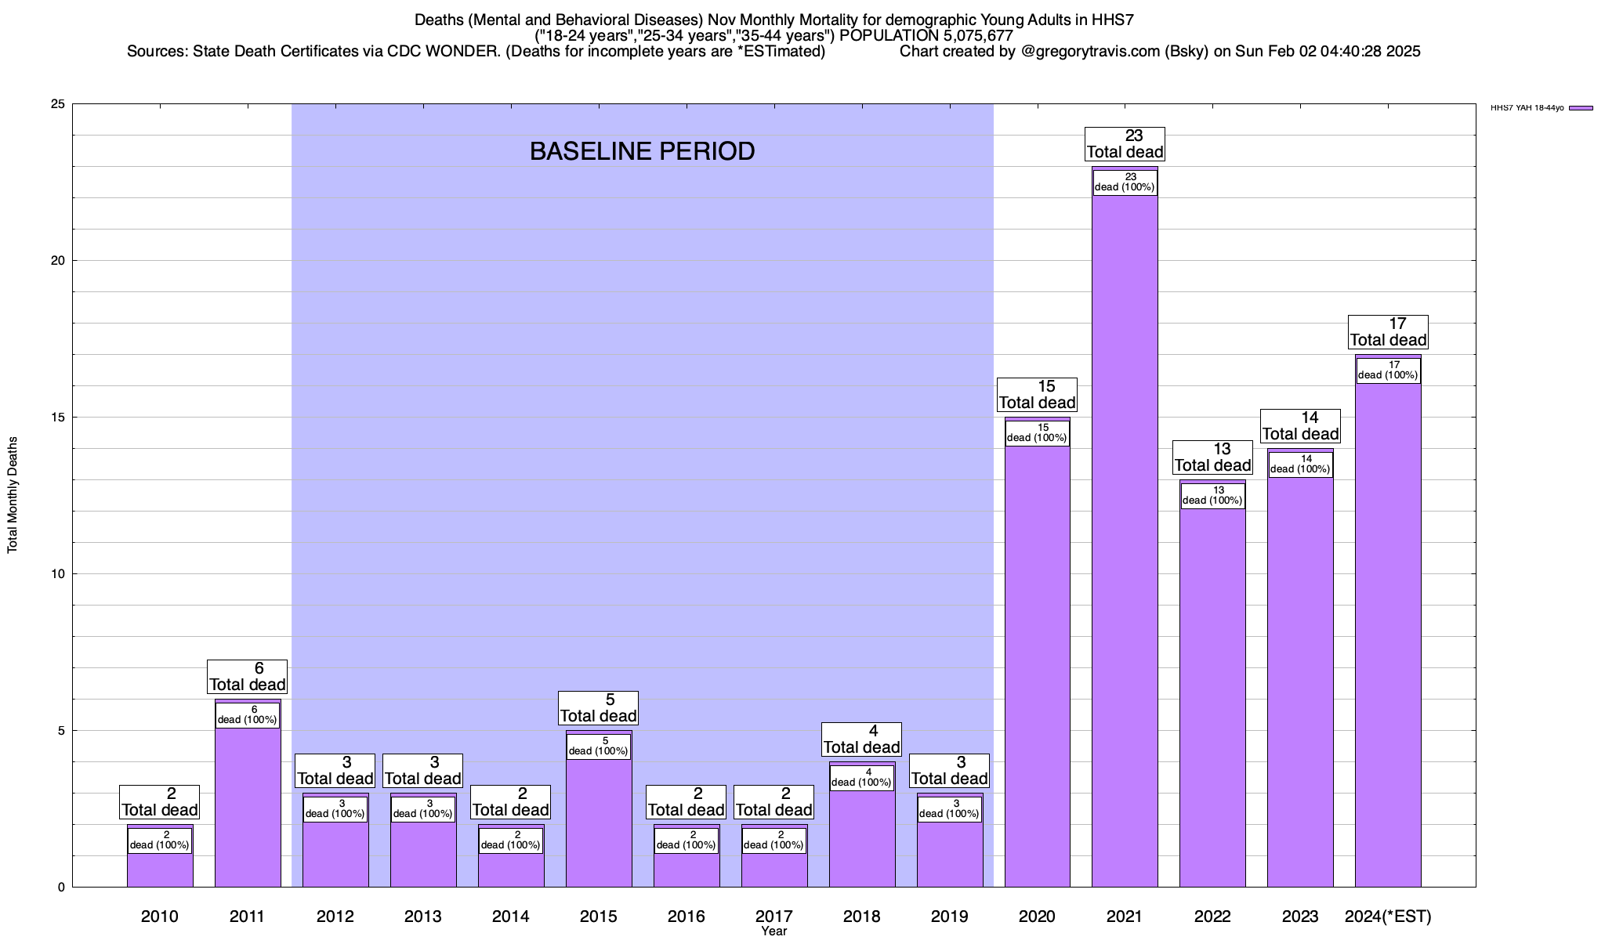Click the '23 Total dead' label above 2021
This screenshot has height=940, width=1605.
pos(1125,144)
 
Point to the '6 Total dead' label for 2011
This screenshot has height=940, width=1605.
pos(248,677)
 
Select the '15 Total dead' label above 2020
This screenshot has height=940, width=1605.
pos(1037,395)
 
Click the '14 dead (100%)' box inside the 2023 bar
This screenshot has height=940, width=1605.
pos(1300,465)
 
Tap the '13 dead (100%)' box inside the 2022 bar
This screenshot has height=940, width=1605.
pos(1212,496)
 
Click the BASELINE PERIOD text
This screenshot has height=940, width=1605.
pos(642,151)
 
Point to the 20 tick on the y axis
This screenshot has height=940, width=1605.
pos(58,261)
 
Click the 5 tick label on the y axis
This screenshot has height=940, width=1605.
pos(61,731)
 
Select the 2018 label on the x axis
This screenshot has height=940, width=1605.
pos(861,916)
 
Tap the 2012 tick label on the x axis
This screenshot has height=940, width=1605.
pos(335,916)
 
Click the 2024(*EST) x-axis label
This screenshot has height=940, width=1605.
pos(1388,916)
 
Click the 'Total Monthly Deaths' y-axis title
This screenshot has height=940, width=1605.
pos(13,495)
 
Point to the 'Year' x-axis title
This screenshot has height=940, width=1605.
pos(774,931)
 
